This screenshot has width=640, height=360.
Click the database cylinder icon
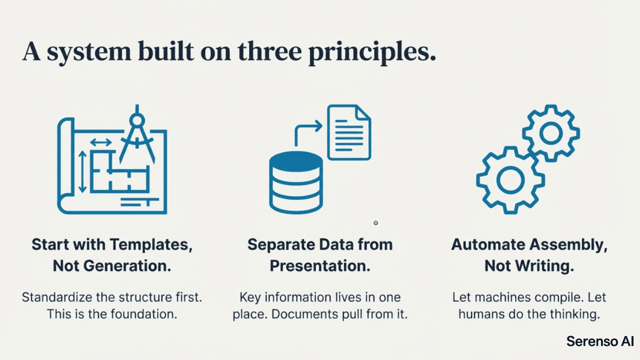(295, 183)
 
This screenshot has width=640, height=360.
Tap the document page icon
(349, 132)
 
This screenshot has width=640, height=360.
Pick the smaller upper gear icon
(551, 133)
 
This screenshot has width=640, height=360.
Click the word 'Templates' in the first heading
(150, 244)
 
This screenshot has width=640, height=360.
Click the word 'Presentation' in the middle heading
(320, 266)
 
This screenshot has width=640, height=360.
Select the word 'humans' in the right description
(482, 314)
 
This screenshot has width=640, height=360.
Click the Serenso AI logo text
(600, 341)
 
